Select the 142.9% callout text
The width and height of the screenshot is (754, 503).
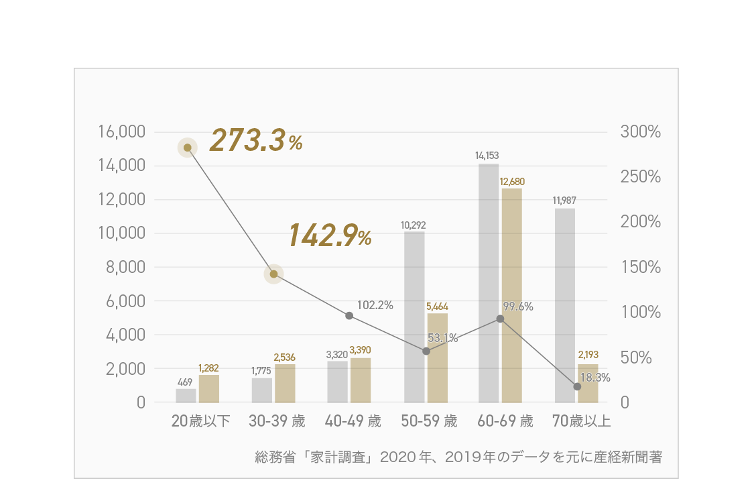click(330, 235)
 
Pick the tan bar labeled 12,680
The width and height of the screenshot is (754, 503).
click(511, 295)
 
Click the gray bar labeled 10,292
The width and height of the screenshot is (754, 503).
click(414, 317)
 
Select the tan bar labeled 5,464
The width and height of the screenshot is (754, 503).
click(438, 357)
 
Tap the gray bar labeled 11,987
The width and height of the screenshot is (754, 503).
click(564, 305)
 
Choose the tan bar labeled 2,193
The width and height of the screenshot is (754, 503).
click(588, 383)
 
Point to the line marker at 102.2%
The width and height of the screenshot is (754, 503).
click(349, 315)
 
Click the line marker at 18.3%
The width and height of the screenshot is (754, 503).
click(577, 386)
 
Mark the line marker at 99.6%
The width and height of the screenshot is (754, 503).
click(500, 319)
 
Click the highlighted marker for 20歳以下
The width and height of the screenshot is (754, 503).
click(188, 148)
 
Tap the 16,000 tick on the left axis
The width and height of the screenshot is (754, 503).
click(122, 132)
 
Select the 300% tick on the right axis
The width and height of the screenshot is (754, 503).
click(640, 132)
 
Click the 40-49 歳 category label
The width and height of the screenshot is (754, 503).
click(353, 422)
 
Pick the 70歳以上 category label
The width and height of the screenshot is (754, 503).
click(581, 422)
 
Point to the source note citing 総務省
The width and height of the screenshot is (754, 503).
click(458, 457)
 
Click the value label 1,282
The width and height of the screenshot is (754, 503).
click(208, 368)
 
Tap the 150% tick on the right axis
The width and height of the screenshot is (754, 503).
click(640, 268)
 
